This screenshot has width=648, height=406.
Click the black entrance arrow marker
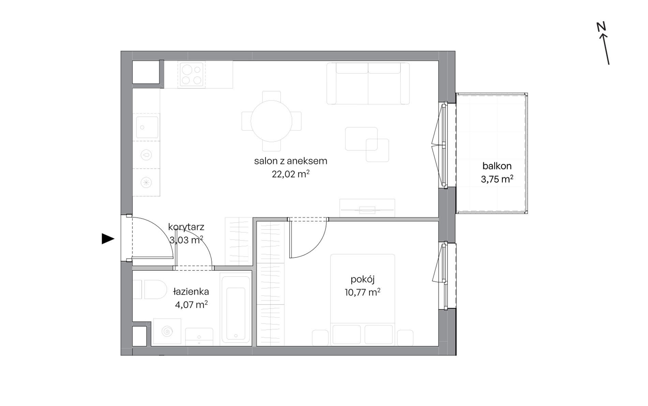[108, 239]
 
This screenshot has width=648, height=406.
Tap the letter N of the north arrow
[601, 27]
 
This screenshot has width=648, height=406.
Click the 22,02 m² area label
[291, 174]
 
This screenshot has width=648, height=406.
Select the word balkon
[497, 166]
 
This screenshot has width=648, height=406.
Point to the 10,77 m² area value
[363, 292]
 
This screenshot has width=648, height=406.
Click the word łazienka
[191, 292]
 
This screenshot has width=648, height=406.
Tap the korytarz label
[186, 227]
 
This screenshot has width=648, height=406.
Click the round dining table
[271, 121]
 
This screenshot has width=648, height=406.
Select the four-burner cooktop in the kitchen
[191, 75]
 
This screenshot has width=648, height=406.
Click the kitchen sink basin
[147, 127]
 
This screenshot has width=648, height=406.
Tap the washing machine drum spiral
[167, 331]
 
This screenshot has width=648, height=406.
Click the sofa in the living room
[368, 83]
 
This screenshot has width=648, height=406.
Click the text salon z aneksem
[291, 161]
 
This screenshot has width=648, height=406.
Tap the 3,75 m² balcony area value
[497, 179]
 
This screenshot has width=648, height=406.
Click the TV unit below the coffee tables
[367, 208]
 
